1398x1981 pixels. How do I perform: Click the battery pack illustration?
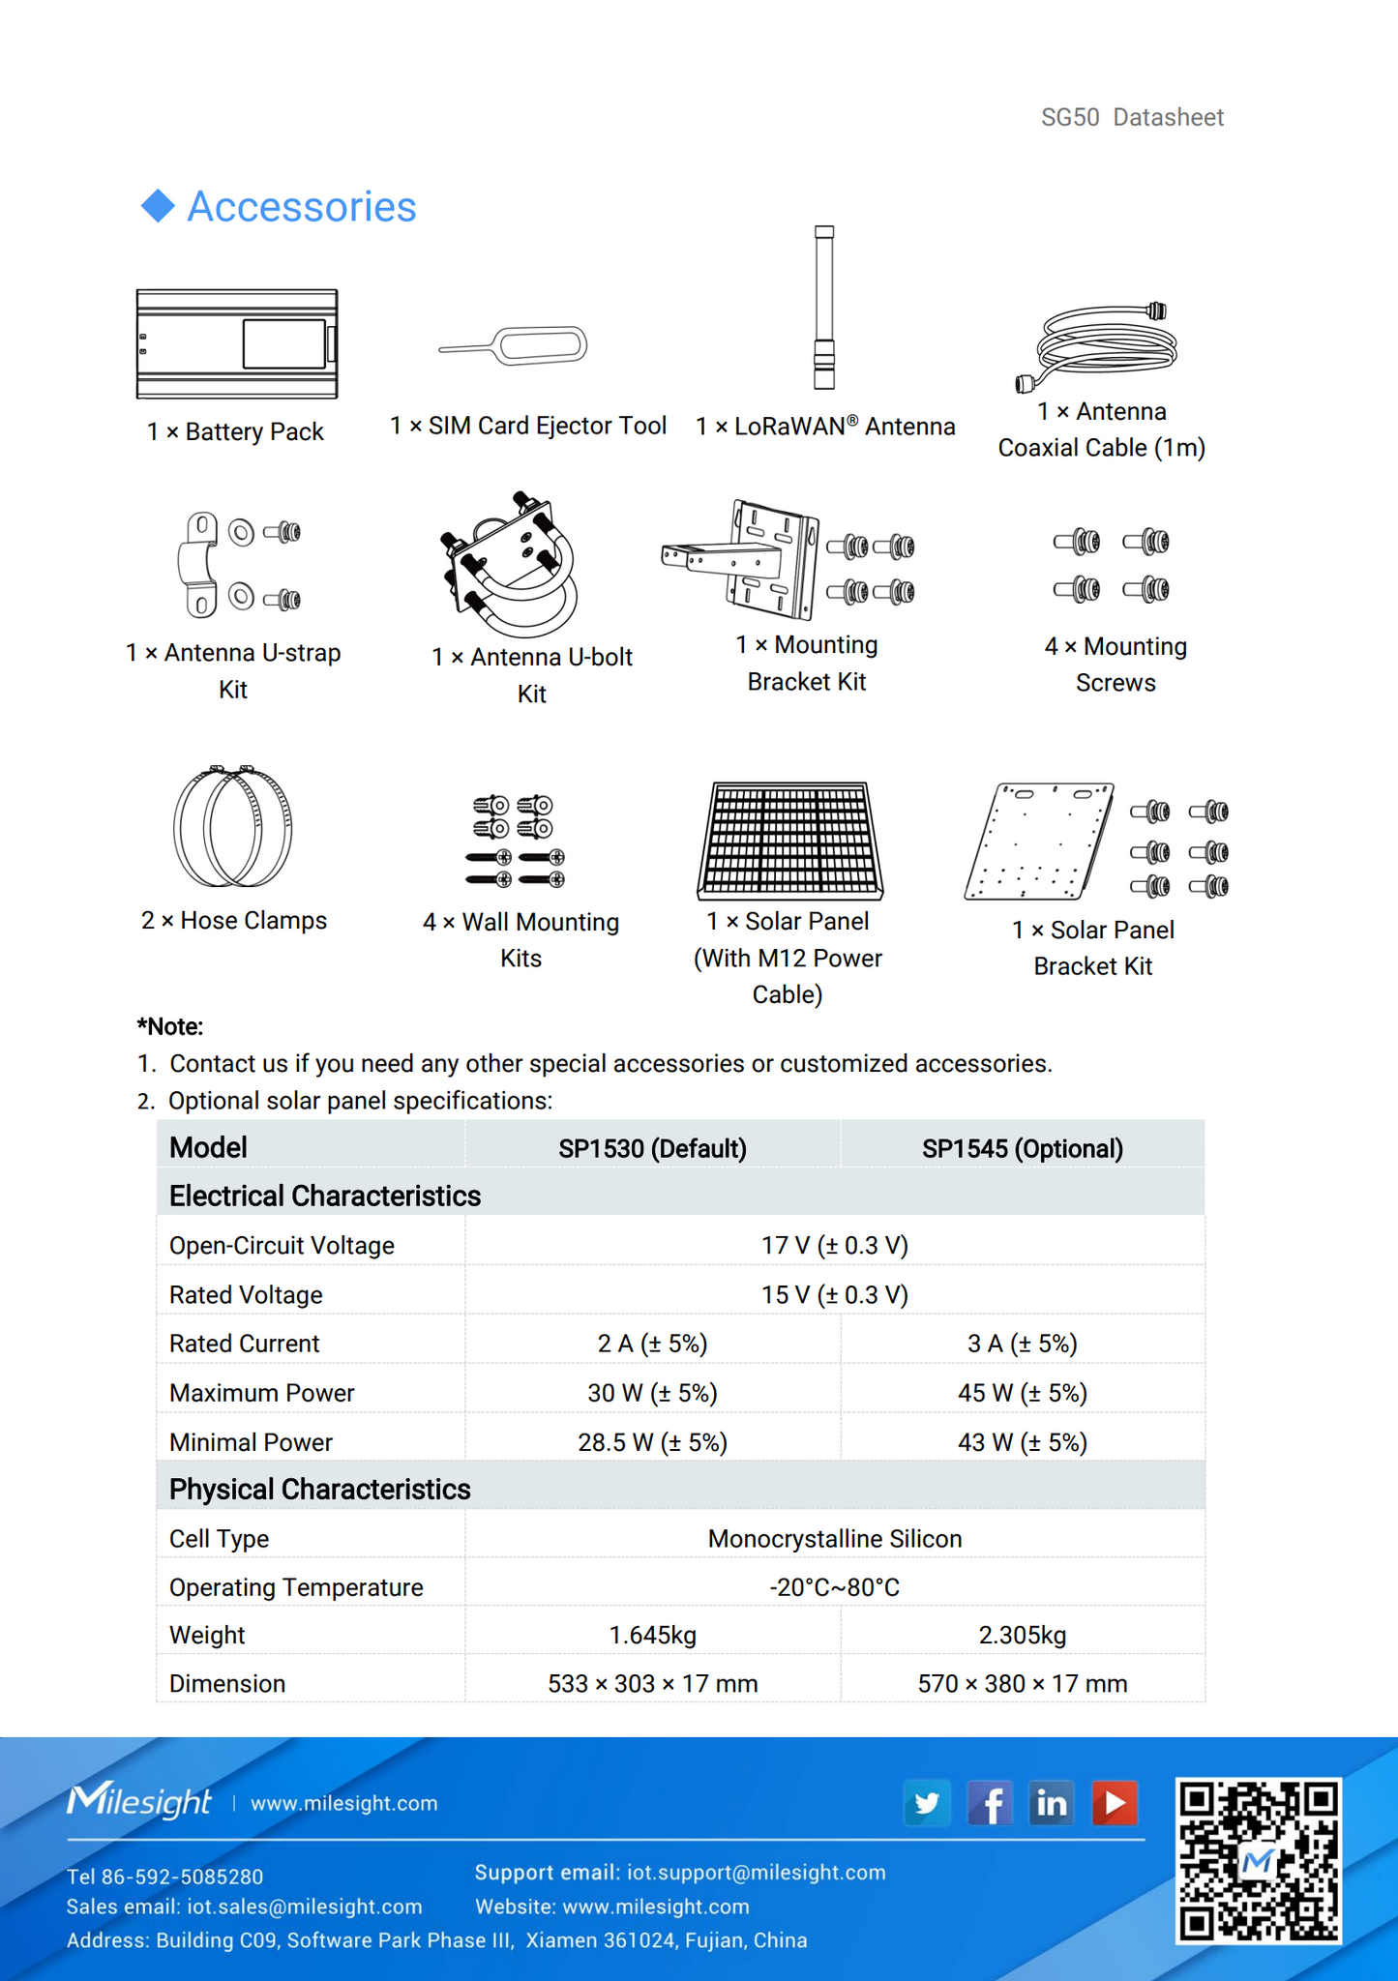[x=237, y=343]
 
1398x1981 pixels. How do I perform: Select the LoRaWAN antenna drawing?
[x=823, y=308]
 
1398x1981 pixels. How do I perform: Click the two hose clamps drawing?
[x=232, y=826]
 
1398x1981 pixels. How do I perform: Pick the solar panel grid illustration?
[x=790, y=840]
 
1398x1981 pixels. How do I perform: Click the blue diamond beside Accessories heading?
[x=158, y=206]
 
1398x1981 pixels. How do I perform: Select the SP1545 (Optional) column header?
[x=1022, y=1148]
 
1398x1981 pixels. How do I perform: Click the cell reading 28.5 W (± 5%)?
[x=652, y=1442]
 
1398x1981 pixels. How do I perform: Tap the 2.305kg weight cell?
[x=1022, y=1635]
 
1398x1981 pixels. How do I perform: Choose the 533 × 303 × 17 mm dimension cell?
[x=652, y=1683]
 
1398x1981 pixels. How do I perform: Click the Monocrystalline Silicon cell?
[x=834, y=1538]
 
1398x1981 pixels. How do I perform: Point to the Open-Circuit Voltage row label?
[x=282, y=1245]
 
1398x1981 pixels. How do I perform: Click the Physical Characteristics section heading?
[x=319, y=1489]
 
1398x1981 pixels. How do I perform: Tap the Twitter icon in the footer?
[x=927, y=1803]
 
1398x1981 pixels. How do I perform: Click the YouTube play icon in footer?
[x=1115, y=1803]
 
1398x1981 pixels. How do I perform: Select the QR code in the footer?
[x=1258, y=1859]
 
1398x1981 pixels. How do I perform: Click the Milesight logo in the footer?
[x=139, y=1801]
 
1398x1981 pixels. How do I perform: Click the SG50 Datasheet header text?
[x=1132, y=117]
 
